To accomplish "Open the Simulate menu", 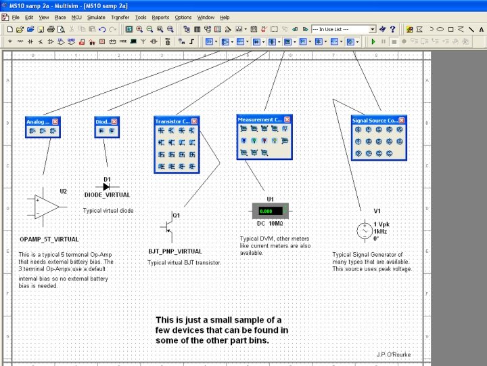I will coord(96,17).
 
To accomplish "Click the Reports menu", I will coord(160,17).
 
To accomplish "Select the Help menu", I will coord(225,17).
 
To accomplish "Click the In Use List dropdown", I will coord(344,29).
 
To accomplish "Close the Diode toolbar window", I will coord(114,121).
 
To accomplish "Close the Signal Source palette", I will coord(402,120).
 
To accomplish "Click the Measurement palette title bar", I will coord(260,119).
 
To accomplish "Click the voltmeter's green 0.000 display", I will coord(270,211).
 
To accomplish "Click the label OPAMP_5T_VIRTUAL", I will coord(49,239).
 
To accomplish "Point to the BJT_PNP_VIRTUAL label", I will coord(175,251).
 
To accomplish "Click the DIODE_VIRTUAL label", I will coord(107,195).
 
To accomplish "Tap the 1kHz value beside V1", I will coord(381,231).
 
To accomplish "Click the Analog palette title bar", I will coord(38,121).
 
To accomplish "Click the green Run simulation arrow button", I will coord(373,41).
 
